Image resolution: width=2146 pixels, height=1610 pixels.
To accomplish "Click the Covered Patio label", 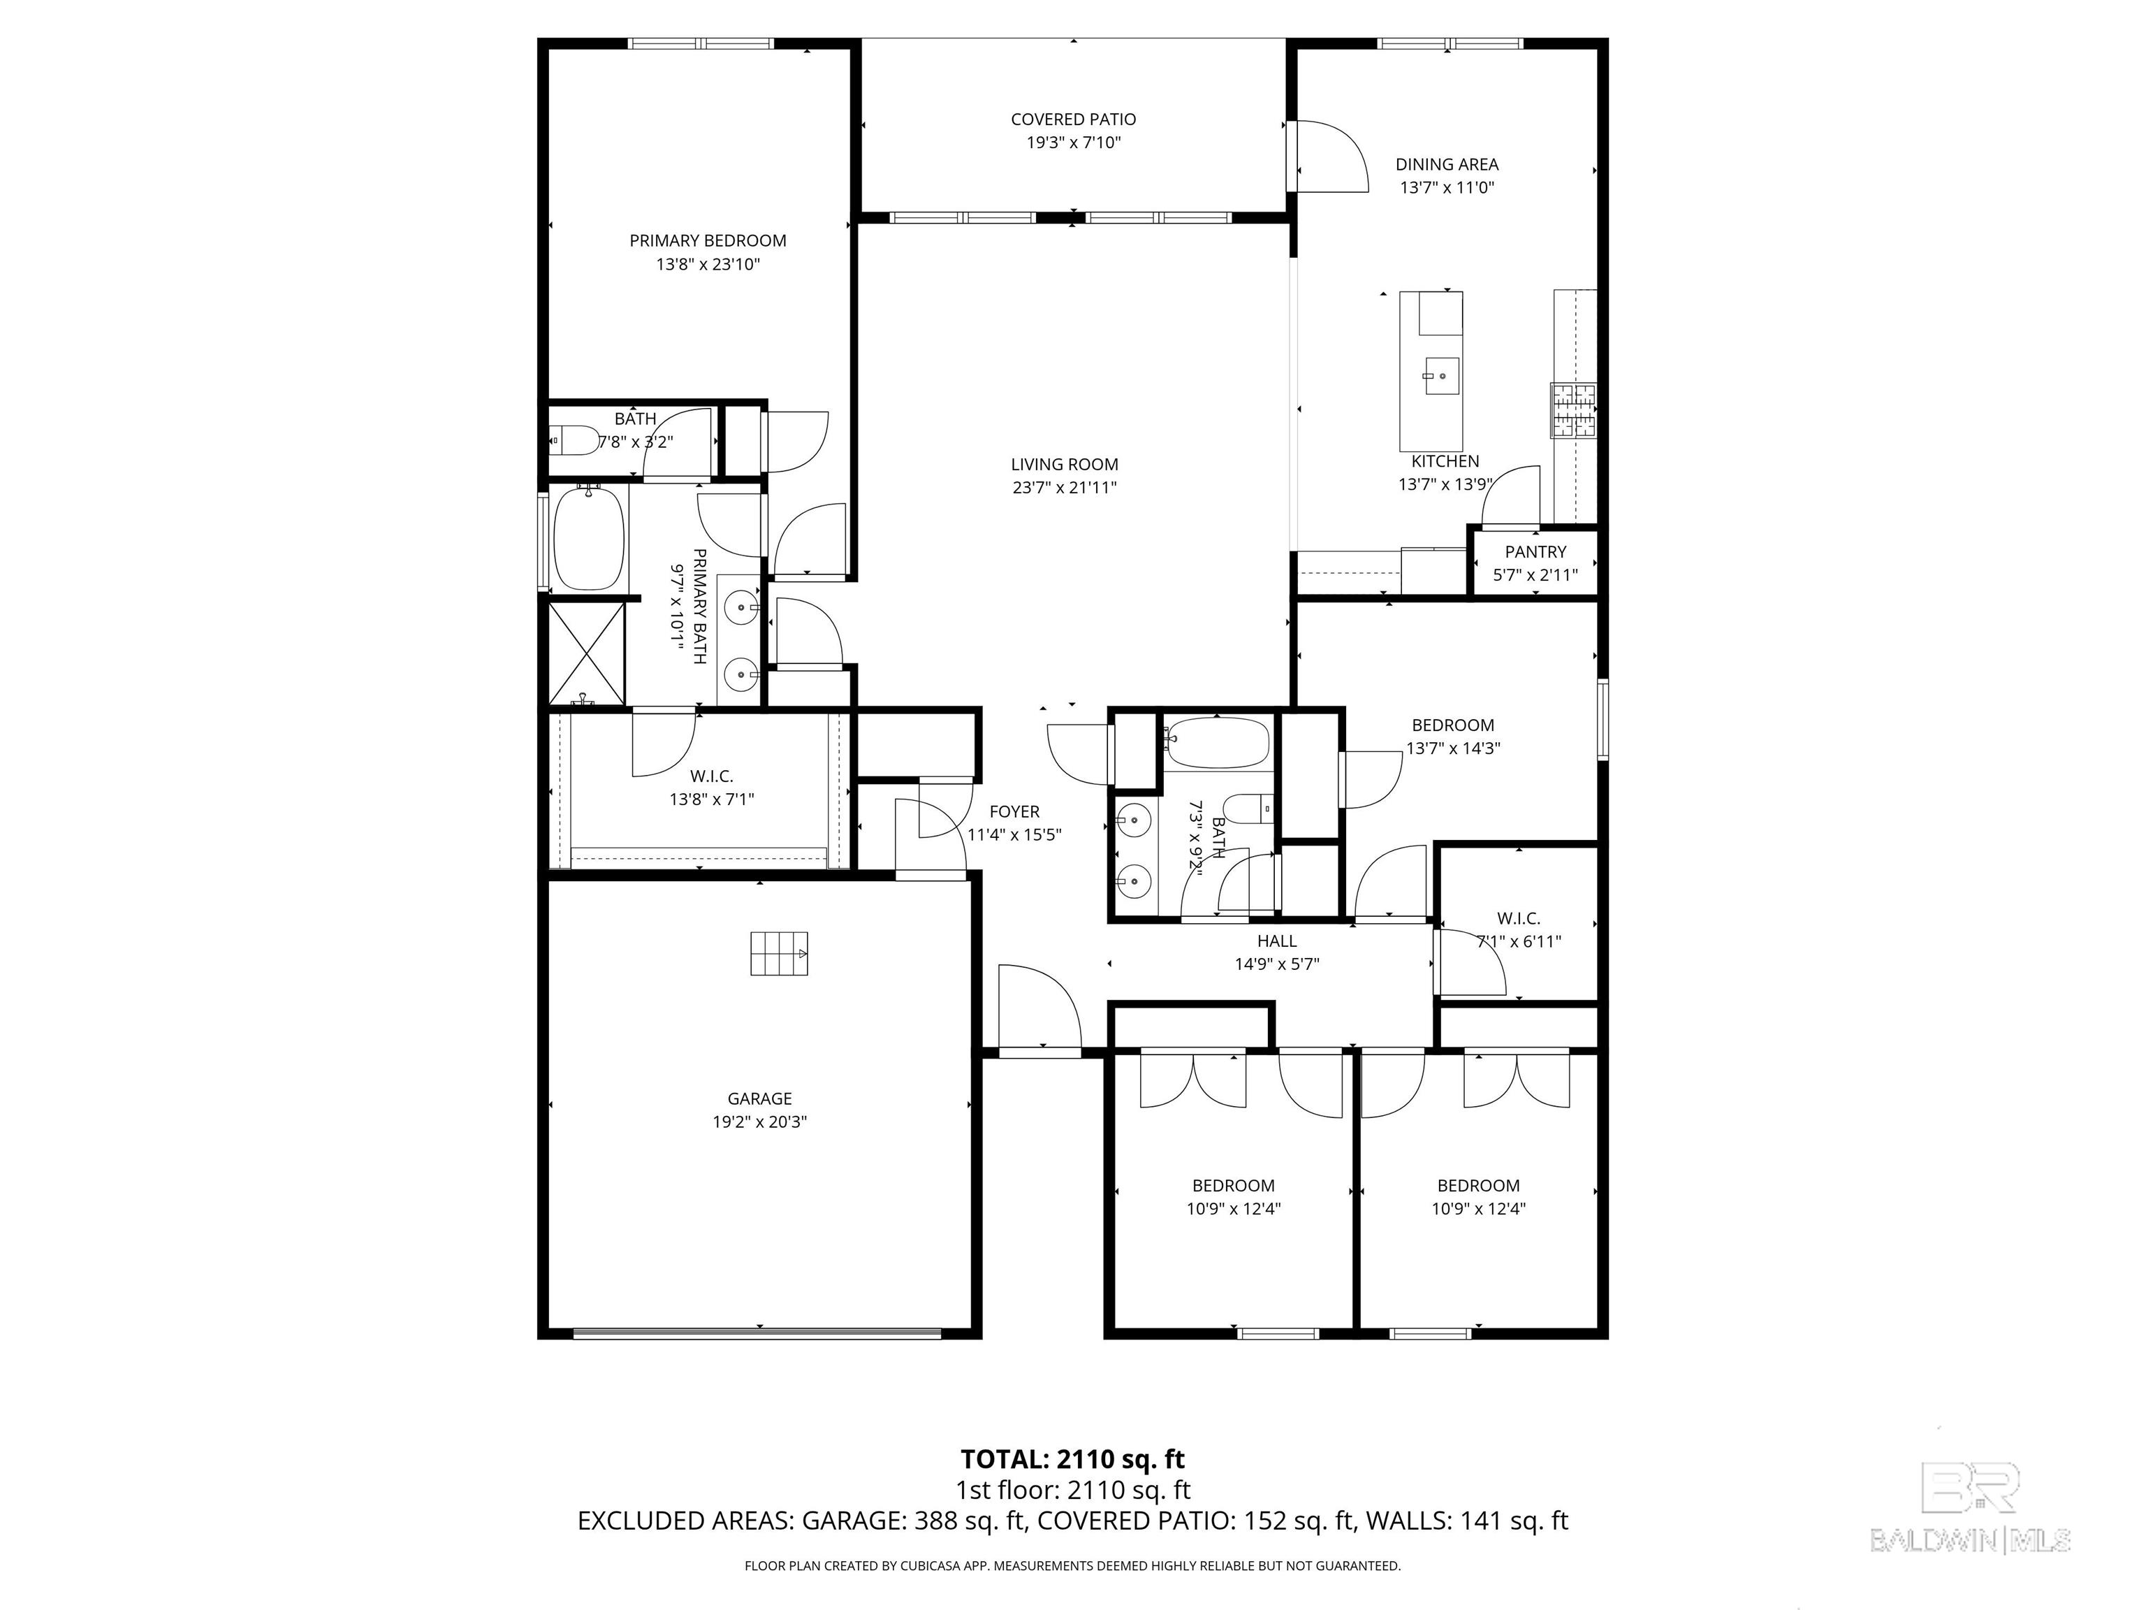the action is point(1073,119).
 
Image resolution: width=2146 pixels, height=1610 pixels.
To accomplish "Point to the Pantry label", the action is point(1535,551).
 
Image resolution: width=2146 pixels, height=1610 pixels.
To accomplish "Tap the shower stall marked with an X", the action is point(587,653).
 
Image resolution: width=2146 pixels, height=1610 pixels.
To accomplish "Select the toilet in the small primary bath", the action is point(572,441).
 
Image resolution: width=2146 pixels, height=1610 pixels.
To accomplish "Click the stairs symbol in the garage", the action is point(778,953).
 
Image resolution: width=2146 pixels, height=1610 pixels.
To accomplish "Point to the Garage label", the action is point(759,1098).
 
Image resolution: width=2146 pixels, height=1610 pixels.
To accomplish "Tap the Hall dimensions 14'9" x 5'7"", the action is point(1277,964).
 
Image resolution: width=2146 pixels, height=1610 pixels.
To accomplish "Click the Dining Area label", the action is point(1447,164).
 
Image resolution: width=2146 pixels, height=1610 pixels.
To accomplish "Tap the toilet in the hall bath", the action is point(1248,808).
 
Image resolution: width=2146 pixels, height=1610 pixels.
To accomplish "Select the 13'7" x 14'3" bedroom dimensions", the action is point(1453,748).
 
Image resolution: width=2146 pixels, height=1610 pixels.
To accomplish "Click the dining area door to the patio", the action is point(1327,155).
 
